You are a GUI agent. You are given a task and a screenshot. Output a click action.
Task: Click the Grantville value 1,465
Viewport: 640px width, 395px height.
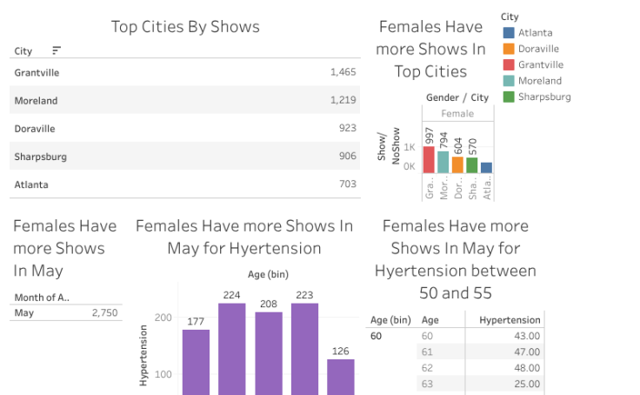tap(343, 72)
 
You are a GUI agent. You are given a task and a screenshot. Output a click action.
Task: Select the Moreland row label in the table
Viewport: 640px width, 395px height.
tap(36, 101)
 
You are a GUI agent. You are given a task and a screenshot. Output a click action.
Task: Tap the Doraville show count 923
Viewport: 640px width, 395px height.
tap(347, 129)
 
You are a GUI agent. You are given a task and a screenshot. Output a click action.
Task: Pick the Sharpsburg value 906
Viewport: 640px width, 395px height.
tap(347, 157)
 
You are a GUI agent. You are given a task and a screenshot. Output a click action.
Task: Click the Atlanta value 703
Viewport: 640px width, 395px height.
tap(347, 184)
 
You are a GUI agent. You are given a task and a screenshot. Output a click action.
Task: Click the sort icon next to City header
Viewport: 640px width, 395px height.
tap(57, 51)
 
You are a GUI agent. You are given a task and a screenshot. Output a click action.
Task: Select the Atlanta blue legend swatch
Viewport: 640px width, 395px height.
tap(509, 33)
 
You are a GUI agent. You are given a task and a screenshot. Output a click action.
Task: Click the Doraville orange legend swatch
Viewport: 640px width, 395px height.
tap(509, 49)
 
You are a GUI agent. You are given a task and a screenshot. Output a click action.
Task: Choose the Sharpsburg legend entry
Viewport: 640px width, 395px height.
tap(543, 97)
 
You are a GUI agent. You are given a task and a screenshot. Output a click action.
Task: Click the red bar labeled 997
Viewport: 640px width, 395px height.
tap(430, 160)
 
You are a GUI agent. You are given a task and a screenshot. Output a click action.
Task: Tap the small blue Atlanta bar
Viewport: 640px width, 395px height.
tap(487, 168)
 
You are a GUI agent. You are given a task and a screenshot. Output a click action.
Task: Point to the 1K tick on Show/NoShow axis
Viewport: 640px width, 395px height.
tap(409, 148)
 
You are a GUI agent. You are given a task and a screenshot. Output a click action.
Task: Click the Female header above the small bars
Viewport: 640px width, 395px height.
tap(457, 114)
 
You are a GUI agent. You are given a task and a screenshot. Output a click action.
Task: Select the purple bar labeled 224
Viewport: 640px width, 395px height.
tap(231, 348)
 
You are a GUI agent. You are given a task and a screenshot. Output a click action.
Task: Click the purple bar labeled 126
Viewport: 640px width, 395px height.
tap(341, 376)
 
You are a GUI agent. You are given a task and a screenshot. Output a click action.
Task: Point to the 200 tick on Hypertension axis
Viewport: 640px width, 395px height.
tap(163, 318)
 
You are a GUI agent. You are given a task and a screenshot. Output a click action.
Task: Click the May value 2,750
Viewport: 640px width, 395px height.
tap(104, 312)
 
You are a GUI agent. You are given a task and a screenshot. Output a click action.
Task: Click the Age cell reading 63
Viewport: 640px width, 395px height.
tap(427, 384)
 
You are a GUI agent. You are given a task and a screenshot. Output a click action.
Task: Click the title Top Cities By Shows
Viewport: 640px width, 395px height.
tap(185, 26)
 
